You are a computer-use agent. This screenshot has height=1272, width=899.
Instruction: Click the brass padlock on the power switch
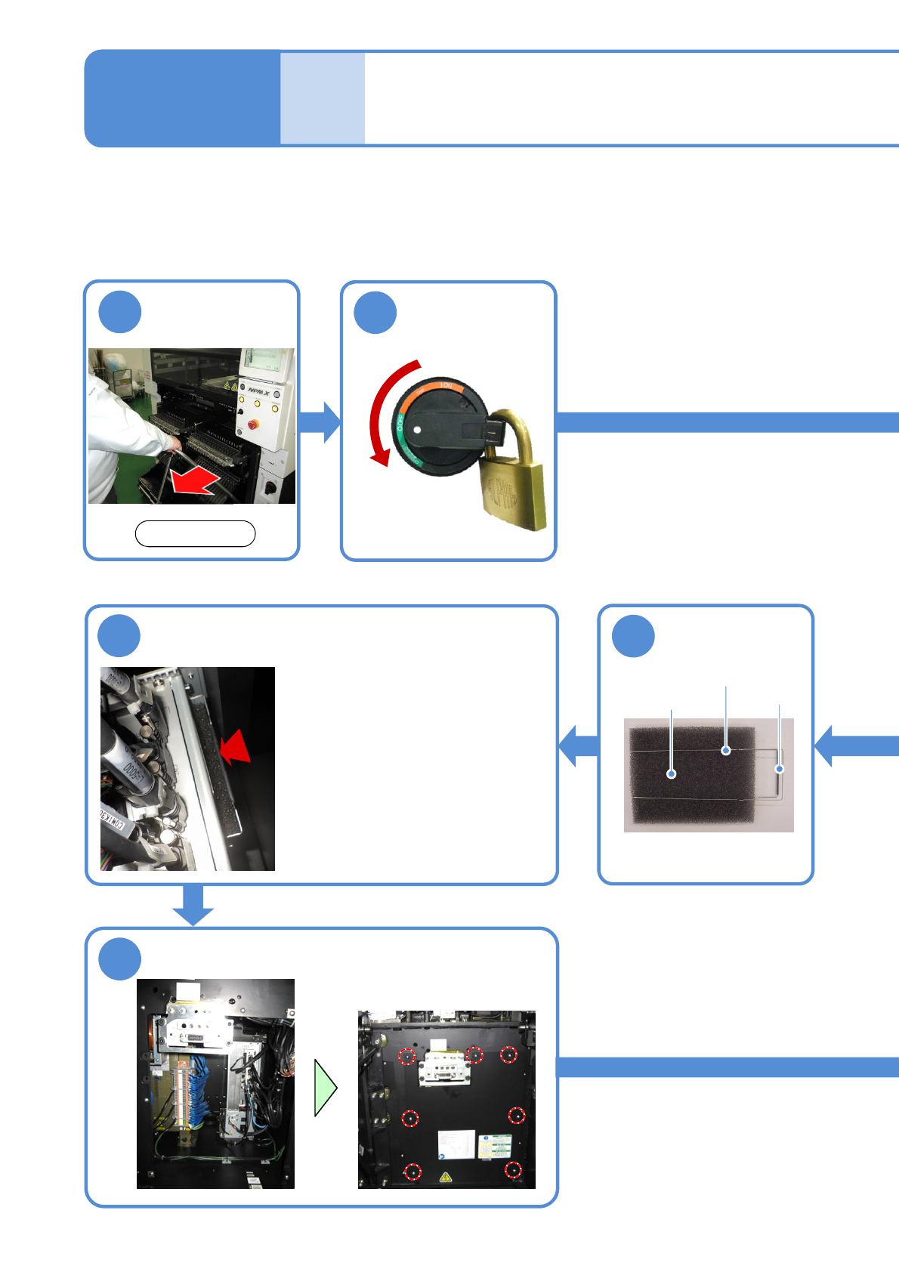point(513,483)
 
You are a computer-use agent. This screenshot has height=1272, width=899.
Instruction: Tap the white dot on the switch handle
point(417,429)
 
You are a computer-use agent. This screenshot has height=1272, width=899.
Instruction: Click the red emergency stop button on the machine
point(252,425)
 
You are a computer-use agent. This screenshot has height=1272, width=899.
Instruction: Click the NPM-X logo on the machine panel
point(258,390)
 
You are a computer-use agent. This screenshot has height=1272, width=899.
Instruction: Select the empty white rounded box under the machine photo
point(195,533)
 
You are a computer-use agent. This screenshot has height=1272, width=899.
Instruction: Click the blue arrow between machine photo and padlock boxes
point(320,422)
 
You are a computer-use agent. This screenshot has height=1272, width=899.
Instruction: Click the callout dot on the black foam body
point(671,773)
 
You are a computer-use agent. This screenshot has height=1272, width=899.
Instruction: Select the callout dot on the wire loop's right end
point(780,769)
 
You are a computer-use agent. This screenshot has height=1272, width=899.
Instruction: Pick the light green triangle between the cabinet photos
point(325,1088)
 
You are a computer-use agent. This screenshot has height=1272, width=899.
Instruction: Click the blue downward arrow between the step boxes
point(193,905)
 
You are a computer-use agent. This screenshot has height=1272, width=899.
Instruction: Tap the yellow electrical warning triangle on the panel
point(446,1177)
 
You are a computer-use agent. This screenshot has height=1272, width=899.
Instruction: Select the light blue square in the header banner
point(323,98)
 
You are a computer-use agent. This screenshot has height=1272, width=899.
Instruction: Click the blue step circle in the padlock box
point(375,313)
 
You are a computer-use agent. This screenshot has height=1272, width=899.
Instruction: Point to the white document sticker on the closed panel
point(456,1144)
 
